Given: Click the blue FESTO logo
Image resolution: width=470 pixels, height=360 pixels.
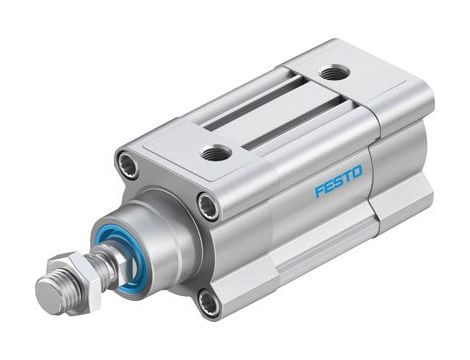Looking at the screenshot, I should coord(340,182).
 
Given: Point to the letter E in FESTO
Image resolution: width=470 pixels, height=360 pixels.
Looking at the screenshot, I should coord(329,186).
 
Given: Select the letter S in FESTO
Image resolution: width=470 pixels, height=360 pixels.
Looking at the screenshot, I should coord(339,182).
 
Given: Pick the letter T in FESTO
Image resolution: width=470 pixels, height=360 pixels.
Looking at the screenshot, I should coord(349,178).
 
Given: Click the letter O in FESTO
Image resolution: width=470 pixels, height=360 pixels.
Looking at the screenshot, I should coord(360,174).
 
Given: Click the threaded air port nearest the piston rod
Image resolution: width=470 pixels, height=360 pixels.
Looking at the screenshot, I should coord(215,152).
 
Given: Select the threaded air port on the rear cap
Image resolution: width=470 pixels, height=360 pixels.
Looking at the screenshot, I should coord(335,72).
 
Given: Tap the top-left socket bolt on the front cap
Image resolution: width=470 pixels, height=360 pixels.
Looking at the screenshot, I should coord(128,163).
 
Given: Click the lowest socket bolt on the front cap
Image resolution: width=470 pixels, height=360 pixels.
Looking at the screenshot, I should coord(208,300).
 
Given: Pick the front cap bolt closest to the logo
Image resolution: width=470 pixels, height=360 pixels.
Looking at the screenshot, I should coord(208,206).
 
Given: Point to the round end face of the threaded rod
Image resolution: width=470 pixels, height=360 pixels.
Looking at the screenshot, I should coord(48,295).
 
